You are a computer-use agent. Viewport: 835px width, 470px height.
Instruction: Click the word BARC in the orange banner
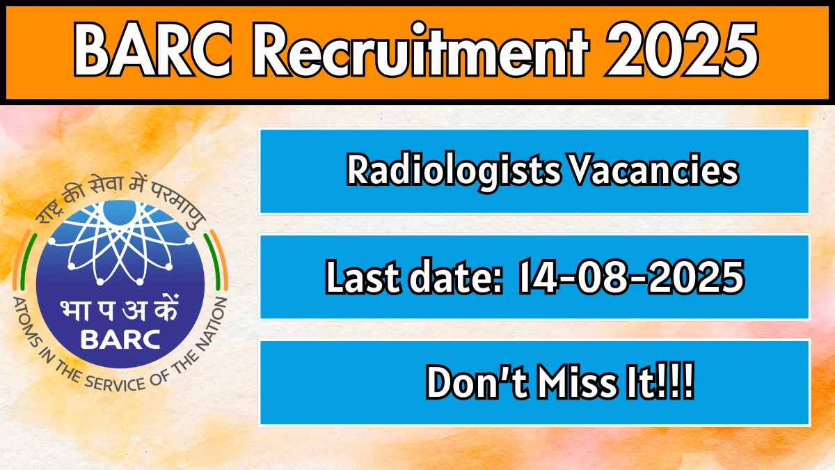(154, 49)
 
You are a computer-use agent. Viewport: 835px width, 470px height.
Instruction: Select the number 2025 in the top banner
(681, 49)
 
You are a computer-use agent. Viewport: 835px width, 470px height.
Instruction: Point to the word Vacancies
(654, 170)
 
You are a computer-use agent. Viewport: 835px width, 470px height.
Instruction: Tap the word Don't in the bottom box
(478, 382)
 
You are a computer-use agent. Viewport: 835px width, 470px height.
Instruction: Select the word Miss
(577, 382)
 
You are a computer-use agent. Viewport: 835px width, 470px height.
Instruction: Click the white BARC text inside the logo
(120, 340)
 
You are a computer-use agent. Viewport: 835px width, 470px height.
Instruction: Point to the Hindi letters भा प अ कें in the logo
(119, 309)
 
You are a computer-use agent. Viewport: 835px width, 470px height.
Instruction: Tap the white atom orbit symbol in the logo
(120, 242)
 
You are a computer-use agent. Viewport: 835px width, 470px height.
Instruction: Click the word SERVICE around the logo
(114, 382)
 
